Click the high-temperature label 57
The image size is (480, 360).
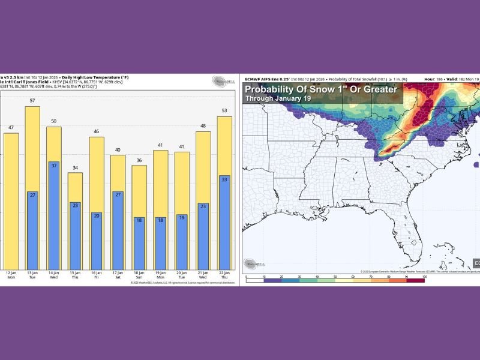[32, 101]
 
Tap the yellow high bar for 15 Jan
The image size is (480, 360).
[75, 187]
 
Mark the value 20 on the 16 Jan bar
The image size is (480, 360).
[97, 216]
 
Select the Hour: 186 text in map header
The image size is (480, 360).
[434, 79]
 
